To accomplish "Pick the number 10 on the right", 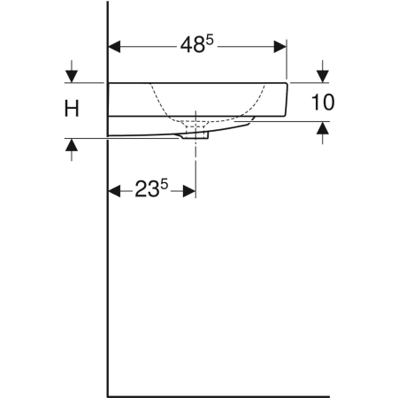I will click(324, 103).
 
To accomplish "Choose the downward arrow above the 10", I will click(324, 73).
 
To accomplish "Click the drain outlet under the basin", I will click(195, 135).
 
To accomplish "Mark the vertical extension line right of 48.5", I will click(287, 62).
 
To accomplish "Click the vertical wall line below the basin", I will click(108, 265).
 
